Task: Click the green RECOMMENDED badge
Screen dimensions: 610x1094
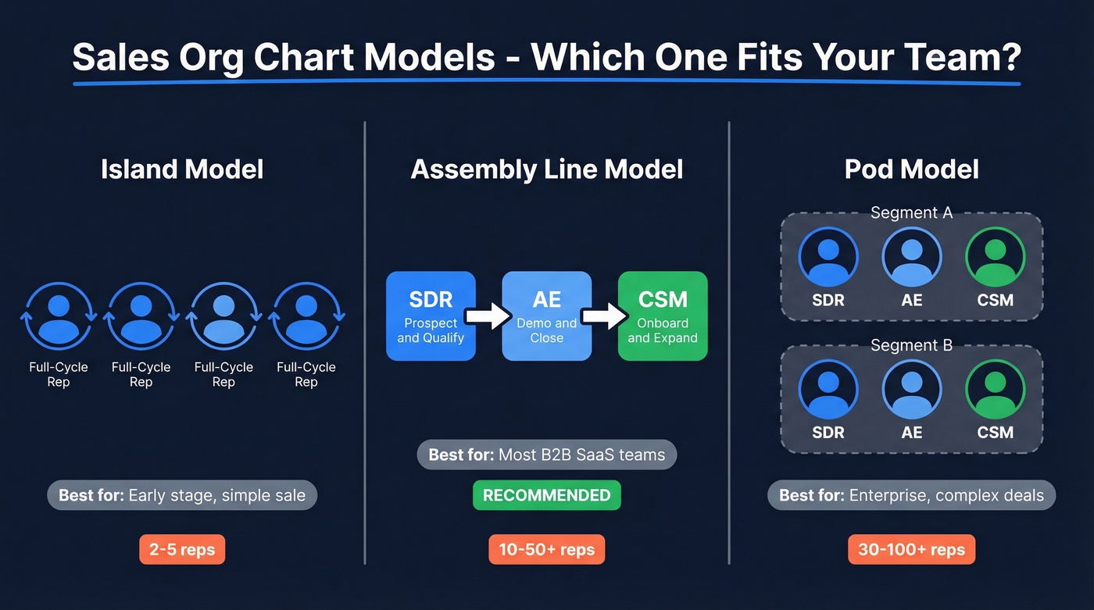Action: point(546,495)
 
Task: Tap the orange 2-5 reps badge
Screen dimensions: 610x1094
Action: point(182,549)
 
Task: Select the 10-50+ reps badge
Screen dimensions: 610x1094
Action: point(546,549)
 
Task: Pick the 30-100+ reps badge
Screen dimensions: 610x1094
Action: point(911,549)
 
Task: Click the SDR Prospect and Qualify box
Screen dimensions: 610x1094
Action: point(431,316)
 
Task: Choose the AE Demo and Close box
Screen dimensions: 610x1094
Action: point(546,316)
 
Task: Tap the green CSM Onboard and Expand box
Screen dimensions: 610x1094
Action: point(663,316)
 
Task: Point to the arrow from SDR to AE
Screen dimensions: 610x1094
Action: point(488,316)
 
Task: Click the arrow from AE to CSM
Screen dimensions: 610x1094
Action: point(605,316)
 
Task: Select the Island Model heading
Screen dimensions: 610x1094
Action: point(182,169)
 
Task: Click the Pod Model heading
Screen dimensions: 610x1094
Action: point(911,169)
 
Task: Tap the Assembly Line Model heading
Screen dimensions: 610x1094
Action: point(546,169)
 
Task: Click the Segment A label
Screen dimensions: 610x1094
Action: point(911,212)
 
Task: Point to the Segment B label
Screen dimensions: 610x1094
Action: point(911,345)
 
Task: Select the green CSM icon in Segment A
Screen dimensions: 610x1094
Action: point(995,257)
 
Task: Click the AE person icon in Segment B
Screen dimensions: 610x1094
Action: point(911,390)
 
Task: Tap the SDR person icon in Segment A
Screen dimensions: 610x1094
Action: point(828,257)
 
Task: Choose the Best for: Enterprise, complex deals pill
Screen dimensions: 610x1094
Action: point(911,495)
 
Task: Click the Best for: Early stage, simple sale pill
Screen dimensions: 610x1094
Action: point(182,495)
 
